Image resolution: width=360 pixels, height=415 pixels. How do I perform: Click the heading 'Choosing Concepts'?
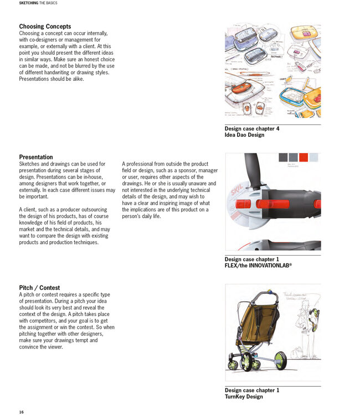45,27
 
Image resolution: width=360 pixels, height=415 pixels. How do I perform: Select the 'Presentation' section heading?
36,157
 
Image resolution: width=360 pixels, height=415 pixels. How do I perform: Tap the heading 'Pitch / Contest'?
39,288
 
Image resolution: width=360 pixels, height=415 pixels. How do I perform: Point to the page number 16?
21,412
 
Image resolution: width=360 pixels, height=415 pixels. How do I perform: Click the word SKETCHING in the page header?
29,3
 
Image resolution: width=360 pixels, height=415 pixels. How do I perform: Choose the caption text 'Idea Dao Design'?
244,135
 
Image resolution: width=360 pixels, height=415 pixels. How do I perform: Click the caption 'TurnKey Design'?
244,397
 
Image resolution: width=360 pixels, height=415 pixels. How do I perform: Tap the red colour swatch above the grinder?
302,157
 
